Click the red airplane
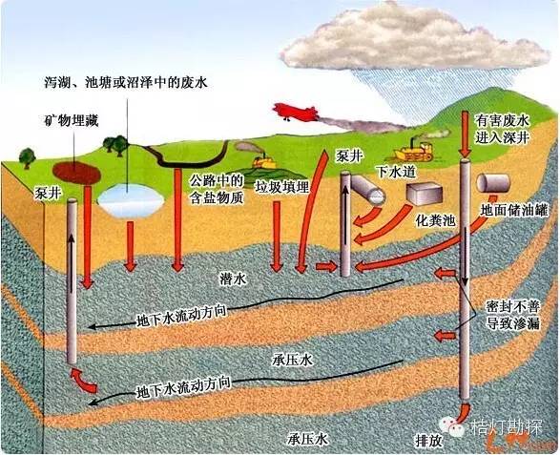pyautogui.click(x=295, y=111)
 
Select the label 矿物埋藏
pyautogui.click(x=72, y=121)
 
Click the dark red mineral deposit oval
pyautogui.click(x=76, y=173)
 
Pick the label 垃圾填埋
pyautogui.click(x=282, y=187)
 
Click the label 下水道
pyautogui.click(x=397, y=172)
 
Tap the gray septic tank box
pyautogui.click(x=423, y=194)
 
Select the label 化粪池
pyautogui.click(x=436, y=220)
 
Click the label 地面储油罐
pyautogui.click(x=514, y=211)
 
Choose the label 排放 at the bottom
pyautogui.click(x=428, y=441)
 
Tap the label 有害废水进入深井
pyautogui.click(x=502, y=129)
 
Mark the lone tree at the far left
pyautogui.click(x=27, y=158)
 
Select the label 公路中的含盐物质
pyautogui.click(x=217, y=190)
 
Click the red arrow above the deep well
pyautogui.click(x=465, y=134)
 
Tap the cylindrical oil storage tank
pyautogui.click(x=493, y=182)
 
